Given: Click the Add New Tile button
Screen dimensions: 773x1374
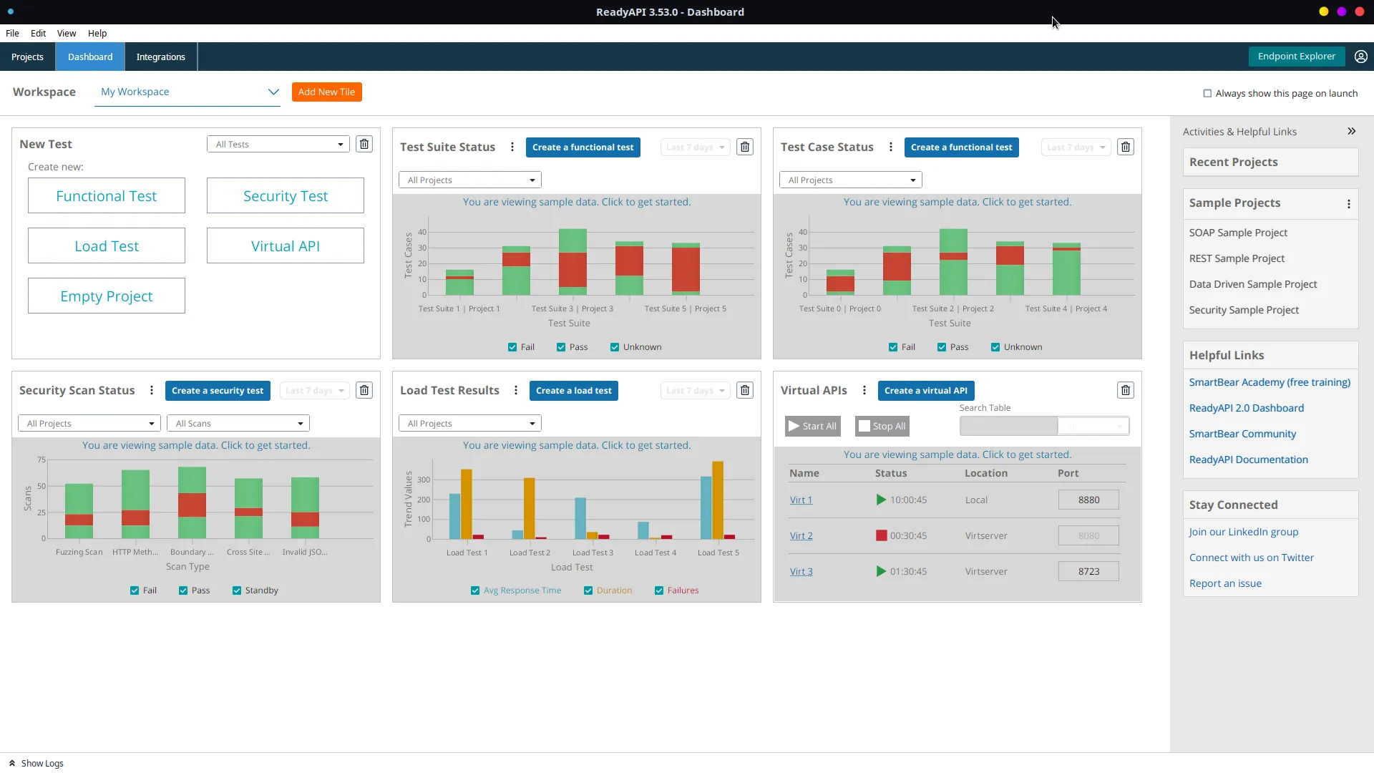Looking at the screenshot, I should click(x=326, y=92).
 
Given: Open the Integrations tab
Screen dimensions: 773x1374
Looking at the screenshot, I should click(x=160, y=57).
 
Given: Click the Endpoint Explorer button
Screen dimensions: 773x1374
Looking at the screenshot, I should click(x=1296, y=56).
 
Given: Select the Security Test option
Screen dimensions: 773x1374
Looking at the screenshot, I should click(x=285, y=195).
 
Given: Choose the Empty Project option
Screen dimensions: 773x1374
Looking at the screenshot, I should click(x=106, y=296).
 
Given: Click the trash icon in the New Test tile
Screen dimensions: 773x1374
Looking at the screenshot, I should click(x=364, y=144).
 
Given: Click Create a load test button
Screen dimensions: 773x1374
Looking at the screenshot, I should click(x=573, y=390).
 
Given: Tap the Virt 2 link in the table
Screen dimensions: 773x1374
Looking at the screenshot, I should click(x=801, y=535).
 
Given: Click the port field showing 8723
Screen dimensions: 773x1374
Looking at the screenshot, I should click(x=1088, y=571).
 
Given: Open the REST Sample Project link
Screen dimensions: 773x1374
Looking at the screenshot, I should click(x=1237, y=258).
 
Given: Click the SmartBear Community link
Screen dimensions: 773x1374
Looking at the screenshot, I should click(x=1242, y=434).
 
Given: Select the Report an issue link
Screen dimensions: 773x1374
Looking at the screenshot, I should click(x=1225, y=583).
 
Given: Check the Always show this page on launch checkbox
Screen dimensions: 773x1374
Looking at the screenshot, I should click(x=1207, y=93).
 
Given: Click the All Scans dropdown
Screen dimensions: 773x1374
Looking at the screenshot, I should click(x=238, y=423).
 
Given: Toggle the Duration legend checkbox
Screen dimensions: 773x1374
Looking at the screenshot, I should click(x=588, y=590).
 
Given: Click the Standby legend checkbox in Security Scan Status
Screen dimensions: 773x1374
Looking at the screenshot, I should click(x=237, y=590).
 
